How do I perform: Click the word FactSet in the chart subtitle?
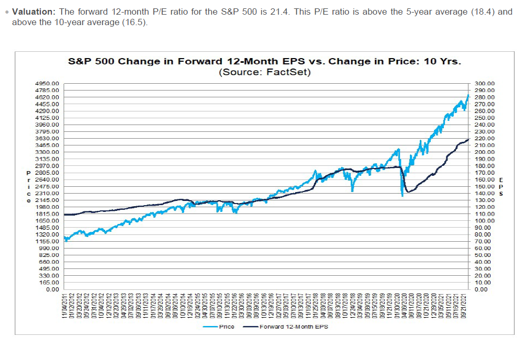288,72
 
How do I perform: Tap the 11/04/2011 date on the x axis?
64,305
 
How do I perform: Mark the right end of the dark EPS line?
468,139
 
